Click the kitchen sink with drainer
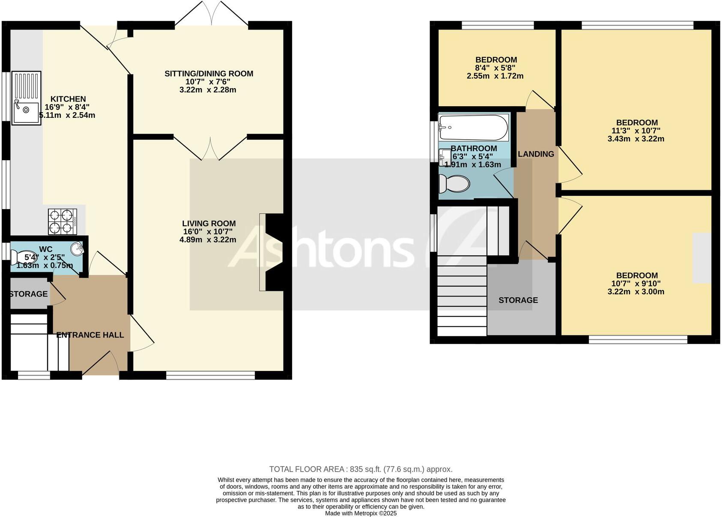26,98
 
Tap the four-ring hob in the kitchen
63,221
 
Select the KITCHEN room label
68,99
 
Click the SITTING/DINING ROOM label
209,74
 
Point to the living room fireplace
274,253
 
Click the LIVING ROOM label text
209,223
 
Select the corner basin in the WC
77,248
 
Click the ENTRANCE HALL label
90,335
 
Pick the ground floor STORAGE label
28,294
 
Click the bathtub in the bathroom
473,127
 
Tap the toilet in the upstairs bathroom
455,184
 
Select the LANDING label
536,154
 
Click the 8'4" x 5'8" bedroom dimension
495,68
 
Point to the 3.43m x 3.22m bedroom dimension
635,139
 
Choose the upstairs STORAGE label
518,300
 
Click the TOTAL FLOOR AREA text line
361,469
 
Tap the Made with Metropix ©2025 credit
361,513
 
